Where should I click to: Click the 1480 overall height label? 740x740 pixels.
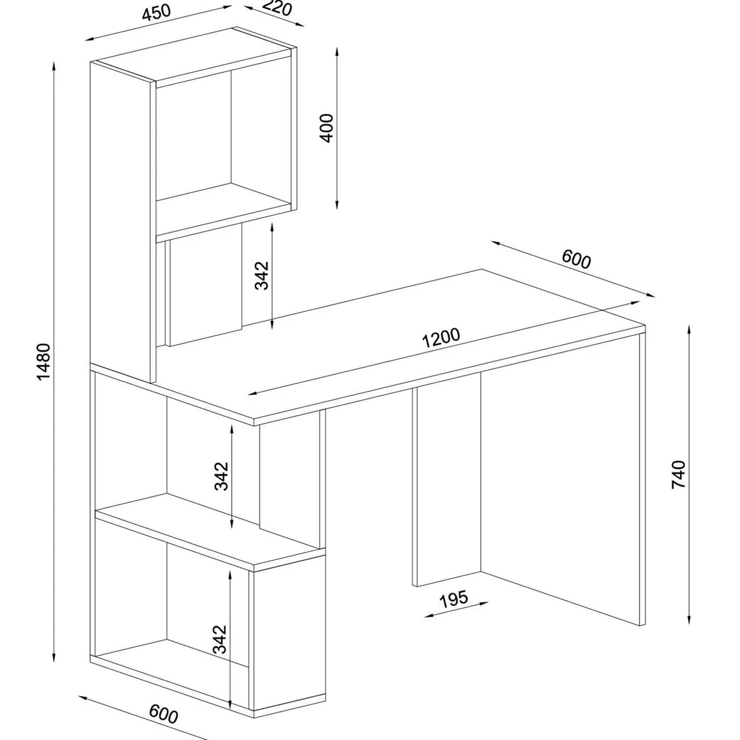click(x=44, y=361)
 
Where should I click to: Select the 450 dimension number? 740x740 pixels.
click(x=156, y=13)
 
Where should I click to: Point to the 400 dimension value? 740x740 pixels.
click(x=327, y=128)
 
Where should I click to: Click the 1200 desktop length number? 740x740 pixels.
click(x=440, y=337)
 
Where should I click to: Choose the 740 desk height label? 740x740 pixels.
click(x=678, y=475)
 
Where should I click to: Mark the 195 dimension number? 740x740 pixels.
click(x=454, y=599)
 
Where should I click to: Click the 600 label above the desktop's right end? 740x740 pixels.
click(x=576, y=259)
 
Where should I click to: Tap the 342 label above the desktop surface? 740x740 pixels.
click(x=262, y=275)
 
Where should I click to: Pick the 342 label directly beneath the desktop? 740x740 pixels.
click(x=221, y=476)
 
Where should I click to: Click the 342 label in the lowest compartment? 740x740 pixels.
click(x=220, y=639)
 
